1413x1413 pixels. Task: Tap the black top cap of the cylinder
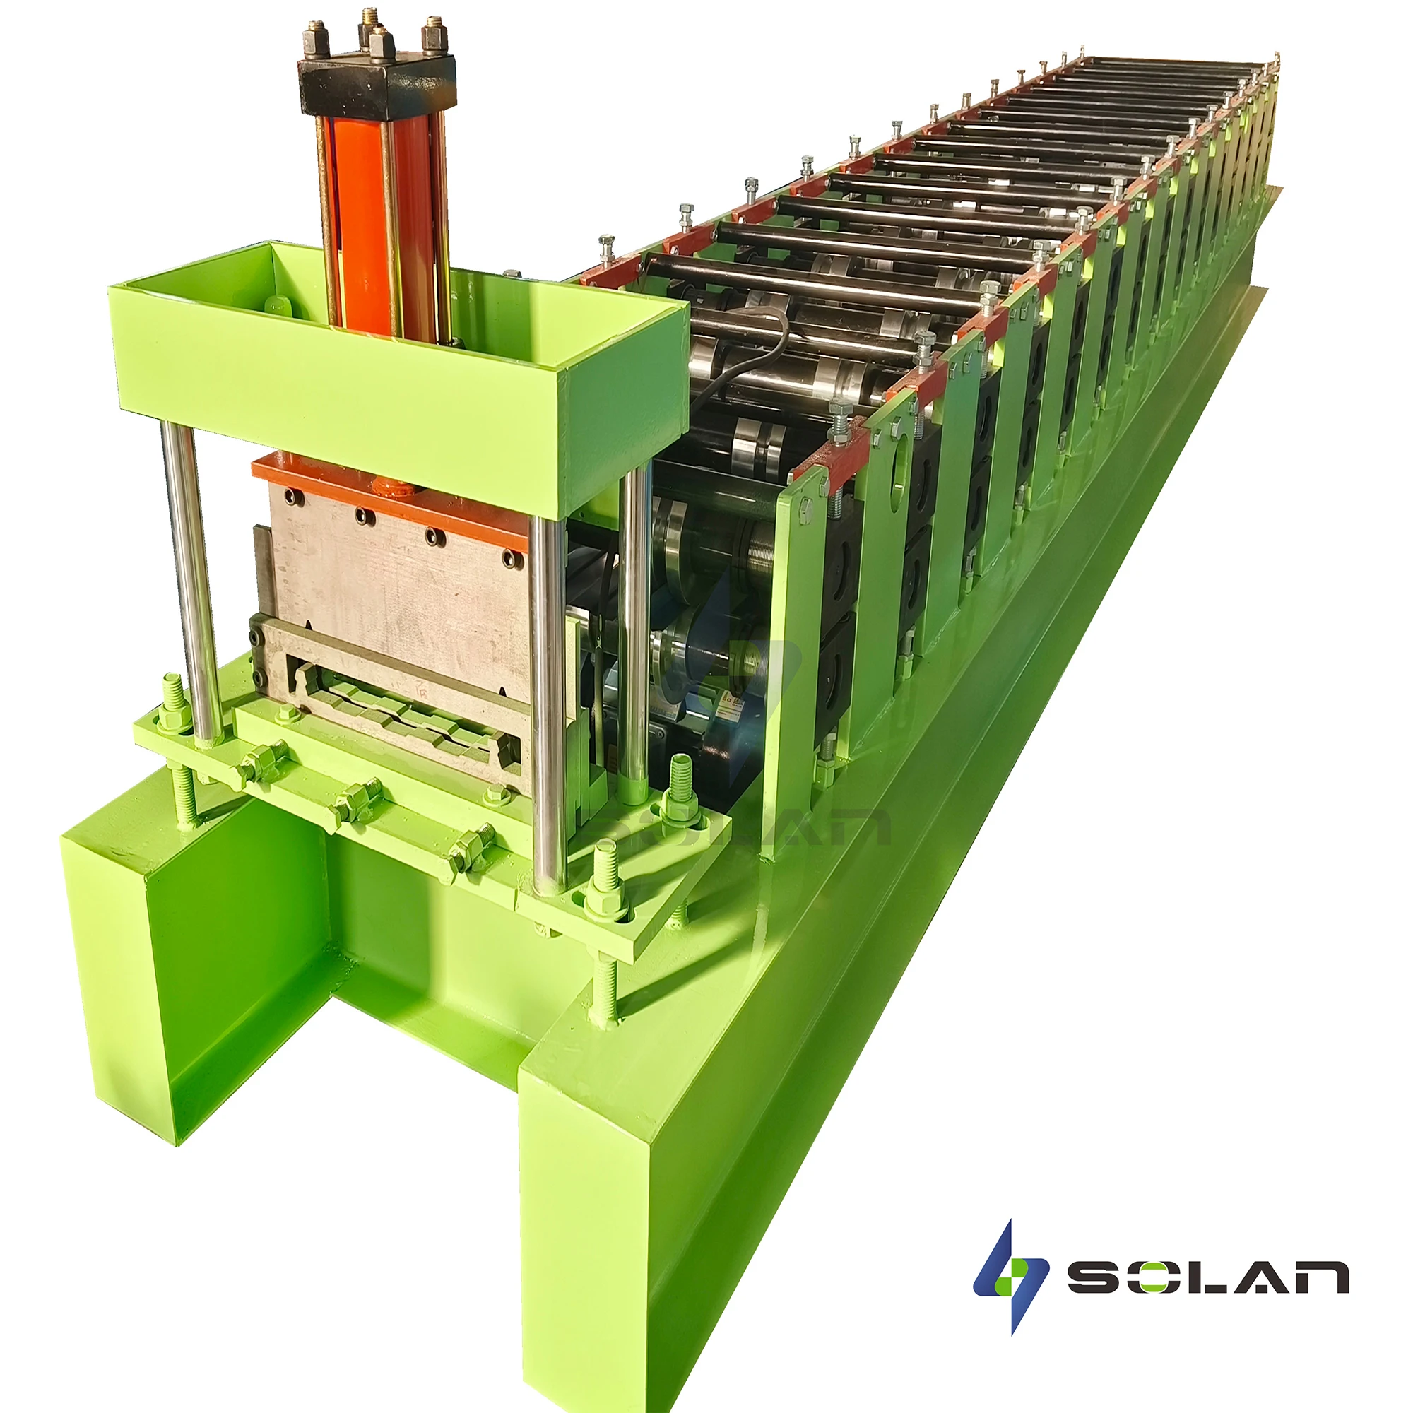click(377, 84)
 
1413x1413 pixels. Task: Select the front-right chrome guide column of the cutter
click(548, 702)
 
